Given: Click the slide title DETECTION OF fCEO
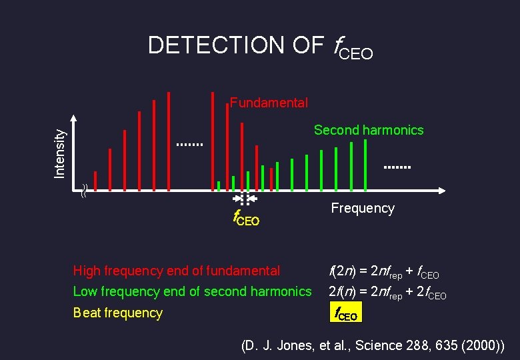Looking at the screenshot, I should click(x=260, y=46).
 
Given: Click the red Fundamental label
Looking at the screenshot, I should click(x=269, y=103).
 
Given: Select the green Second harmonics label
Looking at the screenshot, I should click(x=369, y=130).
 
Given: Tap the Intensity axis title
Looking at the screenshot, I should click(x=60, y=153).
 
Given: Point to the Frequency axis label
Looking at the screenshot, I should click(x=363, y=209).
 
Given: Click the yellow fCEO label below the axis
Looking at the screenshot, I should click(x=245, y=218).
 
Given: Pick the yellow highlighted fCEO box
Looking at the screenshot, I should click(x=345, y=312).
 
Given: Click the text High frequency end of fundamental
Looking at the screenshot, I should click(x=176, y=271).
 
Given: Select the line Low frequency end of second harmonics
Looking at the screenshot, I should click(x=192, y=291).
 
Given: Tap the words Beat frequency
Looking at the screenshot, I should click(x=117, y=313).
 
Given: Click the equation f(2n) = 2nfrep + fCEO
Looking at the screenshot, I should click(x=383, y=271).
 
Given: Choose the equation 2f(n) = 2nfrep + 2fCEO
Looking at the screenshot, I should click(x=387, y=292).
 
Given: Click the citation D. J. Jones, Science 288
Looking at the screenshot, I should click(x=372, y=345).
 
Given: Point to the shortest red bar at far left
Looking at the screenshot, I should click(x=95, y=181).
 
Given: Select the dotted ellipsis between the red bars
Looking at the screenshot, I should click(x=189, y=144).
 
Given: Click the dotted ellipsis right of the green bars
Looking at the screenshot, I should click(x=398, y=167).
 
